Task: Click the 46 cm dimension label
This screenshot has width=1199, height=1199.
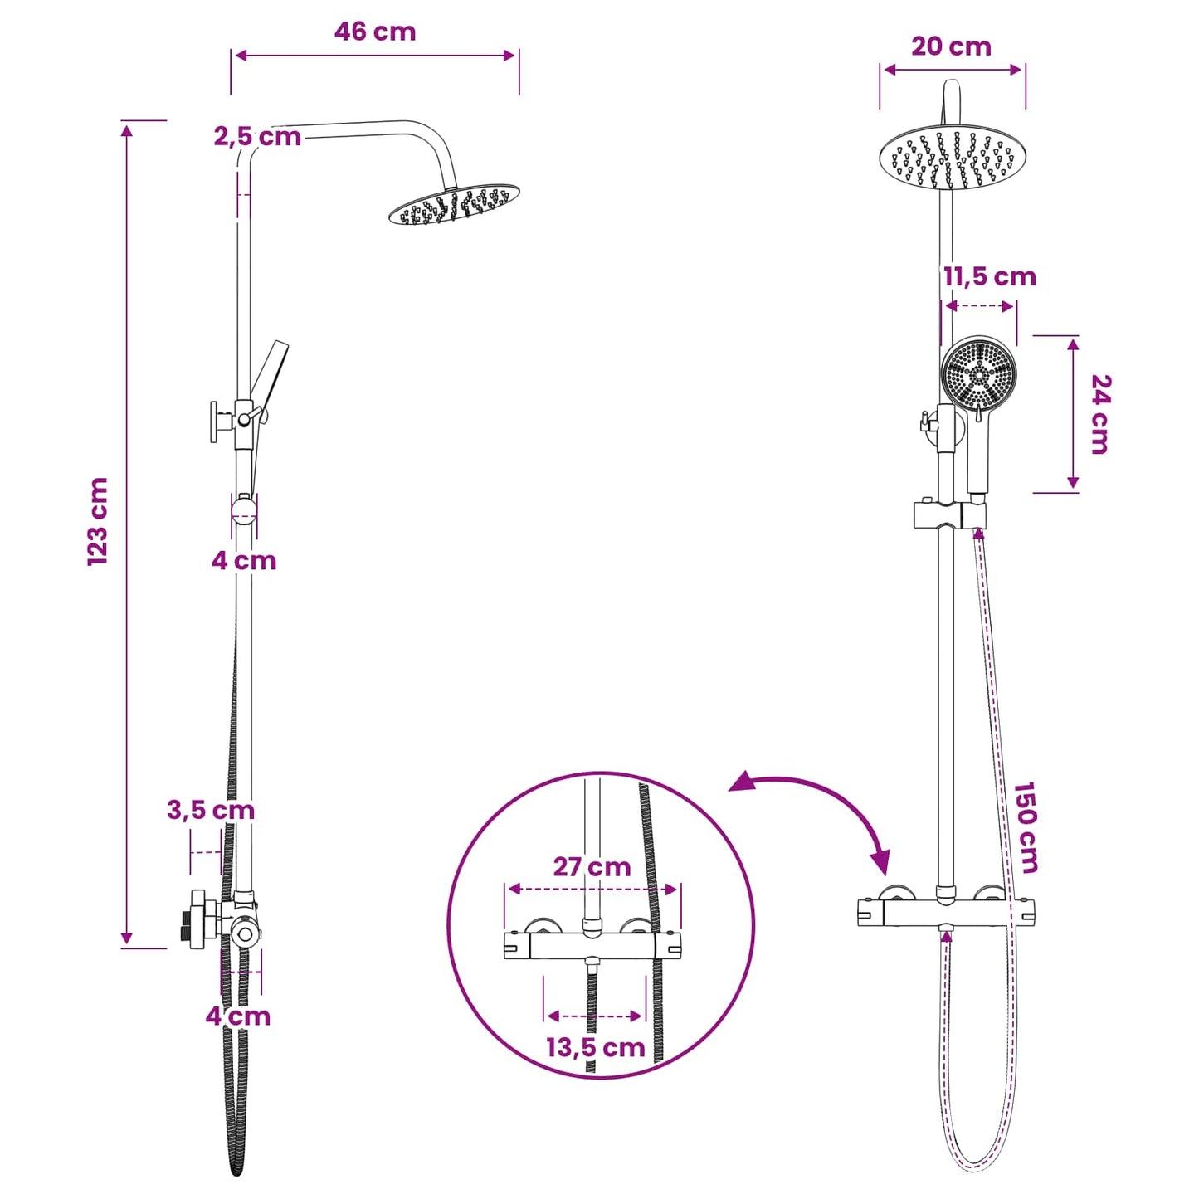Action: (374, 32)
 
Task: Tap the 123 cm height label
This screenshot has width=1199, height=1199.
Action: (98, 521)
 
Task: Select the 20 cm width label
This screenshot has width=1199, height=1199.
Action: (952, 46)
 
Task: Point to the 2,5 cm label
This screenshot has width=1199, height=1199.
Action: (257, 137)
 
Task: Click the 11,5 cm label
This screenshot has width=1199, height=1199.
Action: (990, 277)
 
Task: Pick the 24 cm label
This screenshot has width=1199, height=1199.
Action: (1100, 414)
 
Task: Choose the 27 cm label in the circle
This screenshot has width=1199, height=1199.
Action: (592, 867)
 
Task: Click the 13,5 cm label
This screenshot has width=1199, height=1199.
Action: (596, 1048)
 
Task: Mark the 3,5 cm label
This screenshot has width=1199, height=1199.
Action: (211, 810)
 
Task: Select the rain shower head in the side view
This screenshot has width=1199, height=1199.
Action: (454, 204)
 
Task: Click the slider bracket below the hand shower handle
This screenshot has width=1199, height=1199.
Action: (949, 515)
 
